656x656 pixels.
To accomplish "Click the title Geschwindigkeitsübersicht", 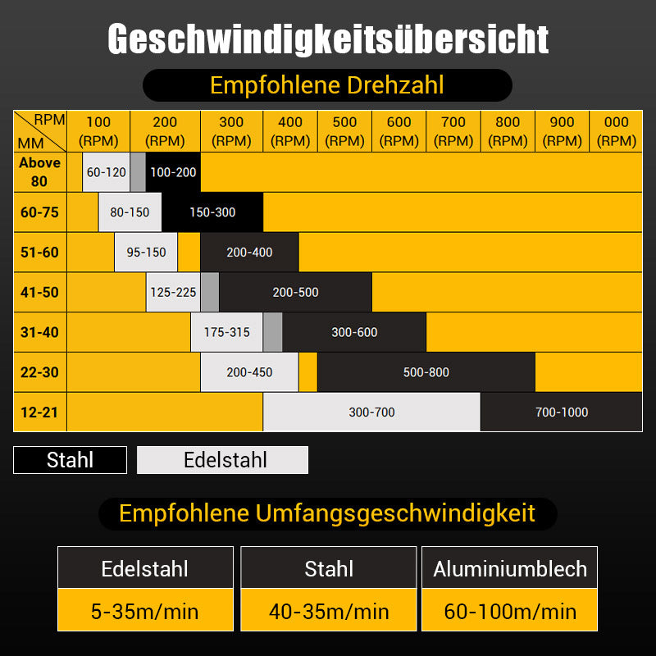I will click(328, 39).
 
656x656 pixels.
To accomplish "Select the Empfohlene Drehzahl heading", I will click(327, 85).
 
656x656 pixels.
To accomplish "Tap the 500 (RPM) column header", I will click(344, 131).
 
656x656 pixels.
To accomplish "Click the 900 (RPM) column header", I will click(562, 131).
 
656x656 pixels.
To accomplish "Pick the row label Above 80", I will click(39, 172).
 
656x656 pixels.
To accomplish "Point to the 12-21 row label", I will click(39, 412).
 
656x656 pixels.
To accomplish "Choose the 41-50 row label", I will click(39, 292).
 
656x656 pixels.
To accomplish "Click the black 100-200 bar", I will click(173, 172).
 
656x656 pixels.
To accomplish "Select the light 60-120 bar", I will click(106, 172).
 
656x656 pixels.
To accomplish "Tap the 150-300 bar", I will click(212, 212).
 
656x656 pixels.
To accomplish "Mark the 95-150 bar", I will click(146, 253).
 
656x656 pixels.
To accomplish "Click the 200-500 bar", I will click(295, 292).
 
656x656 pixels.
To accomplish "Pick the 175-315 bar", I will click(226, 332).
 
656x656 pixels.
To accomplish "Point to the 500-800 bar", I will click(426, 372).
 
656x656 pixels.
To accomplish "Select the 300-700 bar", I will click(371, 412).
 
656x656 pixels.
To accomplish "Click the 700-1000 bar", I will click(561, 412).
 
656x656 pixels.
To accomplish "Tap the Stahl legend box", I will click(70, 460).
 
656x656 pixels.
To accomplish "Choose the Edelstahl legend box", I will click(222, 460).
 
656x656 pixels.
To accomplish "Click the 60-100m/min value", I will click(510, 611).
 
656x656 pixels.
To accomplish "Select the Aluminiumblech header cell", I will click(510, 568).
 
